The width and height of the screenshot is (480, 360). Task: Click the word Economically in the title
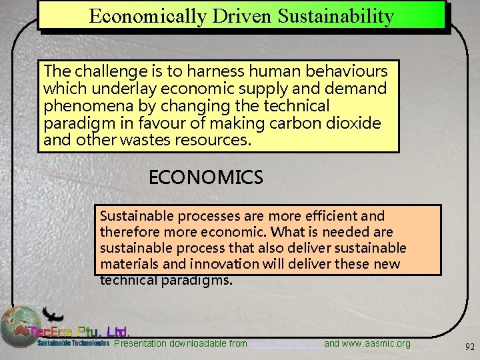click(x=147, y=16)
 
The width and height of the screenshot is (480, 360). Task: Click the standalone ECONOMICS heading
click(x=206, y=178)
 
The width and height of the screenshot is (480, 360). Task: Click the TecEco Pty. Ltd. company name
click(x=83, y=331)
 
